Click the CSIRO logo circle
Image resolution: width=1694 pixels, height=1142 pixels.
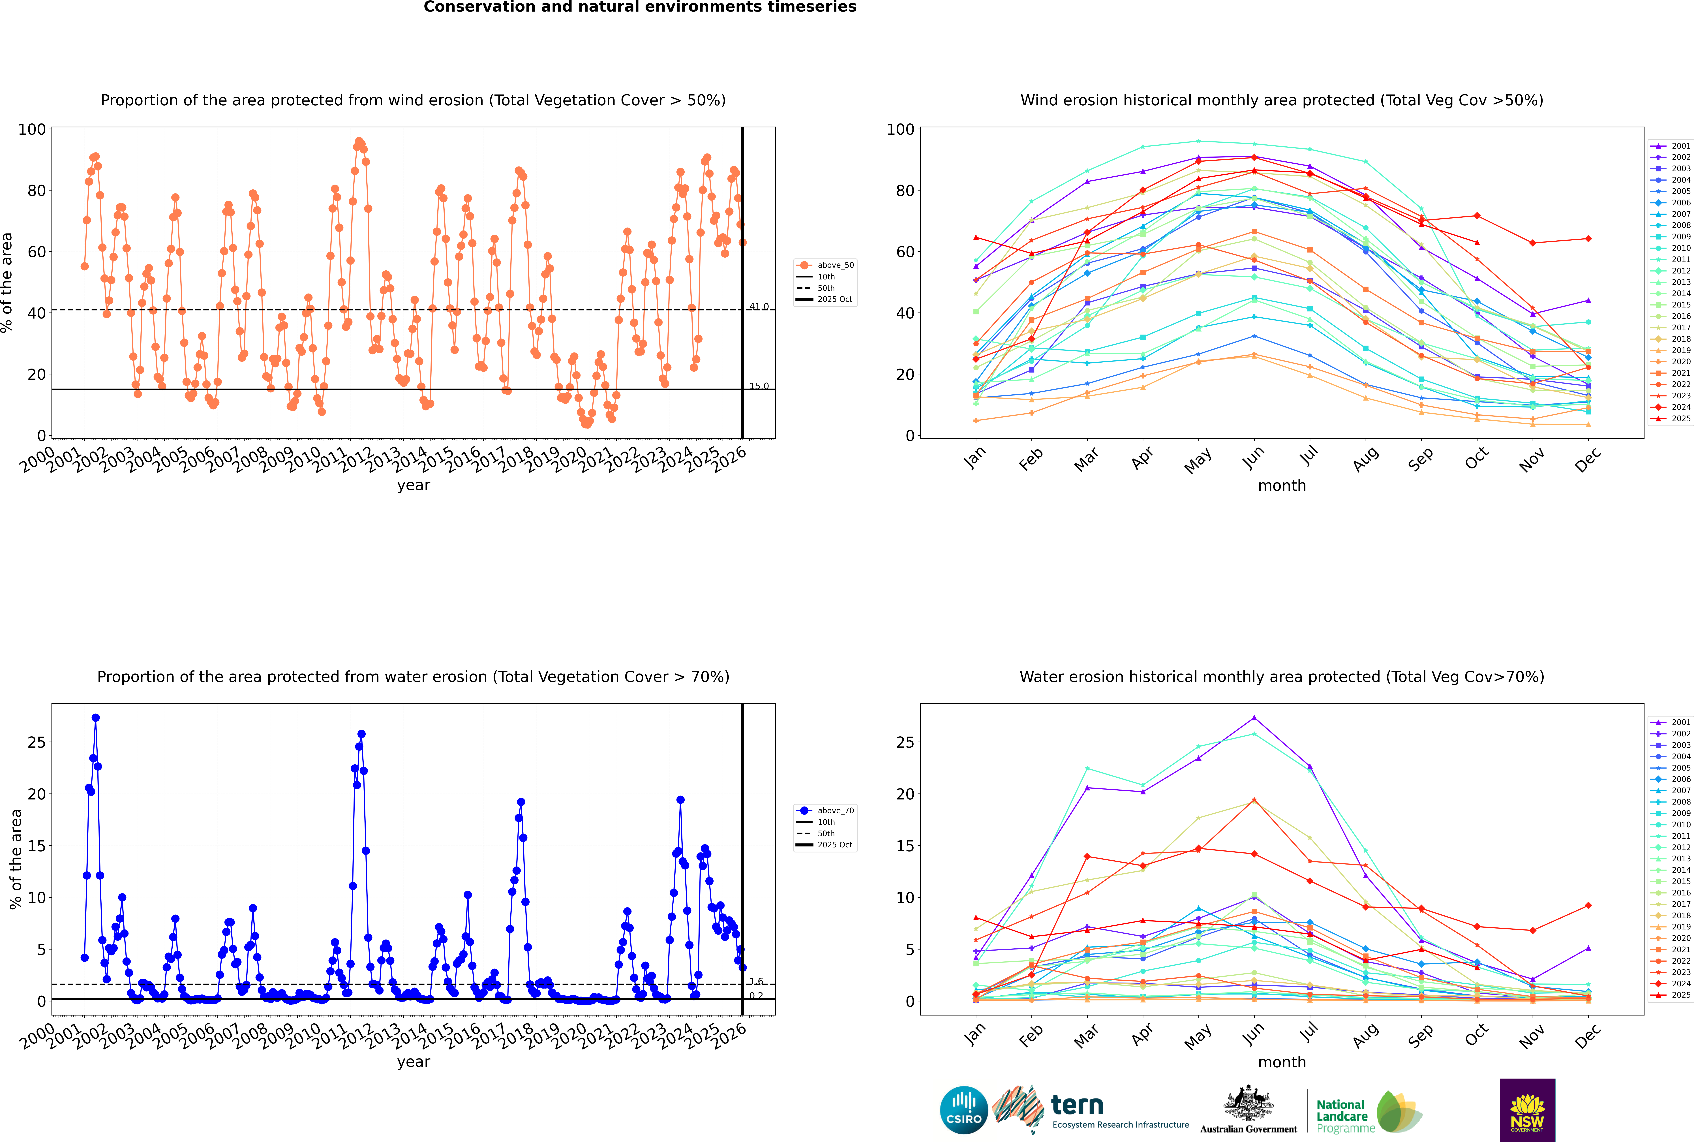963,1110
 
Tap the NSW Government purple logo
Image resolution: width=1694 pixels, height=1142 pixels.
1527,1109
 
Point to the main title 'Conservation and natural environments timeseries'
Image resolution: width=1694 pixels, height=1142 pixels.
639,7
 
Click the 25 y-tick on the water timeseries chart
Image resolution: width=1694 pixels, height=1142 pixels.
36,742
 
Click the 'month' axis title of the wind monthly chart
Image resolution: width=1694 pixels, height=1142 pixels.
1282,486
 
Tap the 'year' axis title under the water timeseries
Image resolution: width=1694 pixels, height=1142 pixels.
413,1062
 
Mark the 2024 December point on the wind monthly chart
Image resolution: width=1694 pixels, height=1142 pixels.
1588,239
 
